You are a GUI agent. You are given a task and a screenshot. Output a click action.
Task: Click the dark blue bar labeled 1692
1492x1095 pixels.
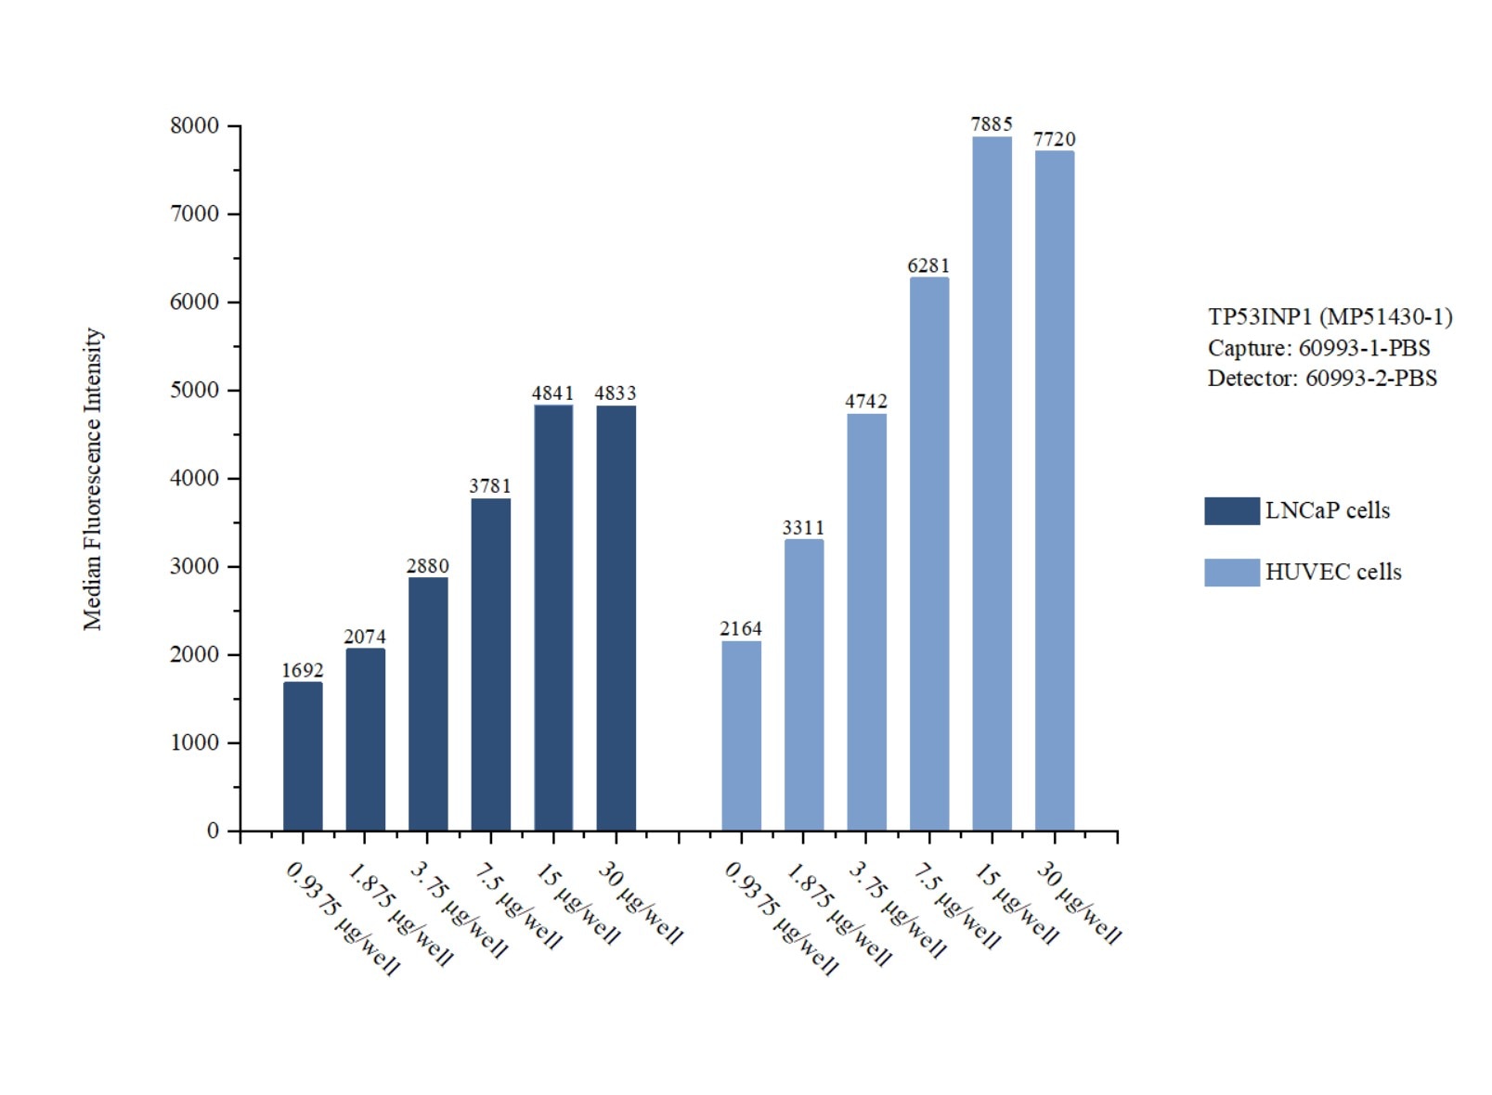click(x=303, y=756)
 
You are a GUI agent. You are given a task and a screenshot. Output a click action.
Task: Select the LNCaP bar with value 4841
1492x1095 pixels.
click(x=553, y=617)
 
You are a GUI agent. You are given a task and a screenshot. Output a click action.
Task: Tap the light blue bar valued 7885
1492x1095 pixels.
click(x=992, y=483)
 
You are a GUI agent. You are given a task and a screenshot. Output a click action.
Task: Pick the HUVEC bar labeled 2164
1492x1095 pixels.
click(x=741, y=736)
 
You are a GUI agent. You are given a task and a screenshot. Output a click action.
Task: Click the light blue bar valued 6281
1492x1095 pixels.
click(x=929, y=554)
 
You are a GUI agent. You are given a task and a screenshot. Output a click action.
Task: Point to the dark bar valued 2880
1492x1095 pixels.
click(x=428, y=703)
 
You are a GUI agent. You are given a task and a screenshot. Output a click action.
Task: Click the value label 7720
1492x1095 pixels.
click(x=1055, y=139)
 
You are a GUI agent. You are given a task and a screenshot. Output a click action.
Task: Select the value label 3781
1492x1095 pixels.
click(x=490, y=485)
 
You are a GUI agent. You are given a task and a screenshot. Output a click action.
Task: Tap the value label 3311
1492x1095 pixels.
click(x=803, y=527)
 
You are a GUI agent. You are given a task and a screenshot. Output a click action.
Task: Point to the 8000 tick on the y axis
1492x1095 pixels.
click(x=195, y=125)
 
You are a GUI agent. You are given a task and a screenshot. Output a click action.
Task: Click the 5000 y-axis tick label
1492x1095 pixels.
click(x=195, y=390)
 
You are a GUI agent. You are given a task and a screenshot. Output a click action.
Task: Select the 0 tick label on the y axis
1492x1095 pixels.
click(x=213, y=831)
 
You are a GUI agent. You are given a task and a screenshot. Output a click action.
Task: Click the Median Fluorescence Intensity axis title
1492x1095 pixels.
click(x=93, y=479)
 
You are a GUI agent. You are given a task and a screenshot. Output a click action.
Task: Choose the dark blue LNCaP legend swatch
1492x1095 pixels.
click(x=1231, y=510)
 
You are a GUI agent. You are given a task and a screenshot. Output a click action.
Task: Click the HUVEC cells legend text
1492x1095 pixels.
click(x=1332, y=572)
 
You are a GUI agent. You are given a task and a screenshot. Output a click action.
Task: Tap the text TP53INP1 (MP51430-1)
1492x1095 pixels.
click(x=1330, y=316)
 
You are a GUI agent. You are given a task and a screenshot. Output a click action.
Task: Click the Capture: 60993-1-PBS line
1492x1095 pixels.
click(x=1318, y=348)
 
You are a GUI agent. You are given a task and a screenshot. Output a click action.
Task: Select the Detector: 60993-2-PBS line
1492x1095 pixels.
click(x=1322, y=379)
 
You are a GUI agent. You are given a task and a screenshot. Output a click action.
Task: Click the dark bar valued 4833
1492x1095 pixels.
click(x=616, y=617)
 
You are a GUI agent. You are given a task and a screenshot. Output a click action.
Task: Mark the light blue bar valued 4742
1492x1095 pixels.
click(x=866, y=622)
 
